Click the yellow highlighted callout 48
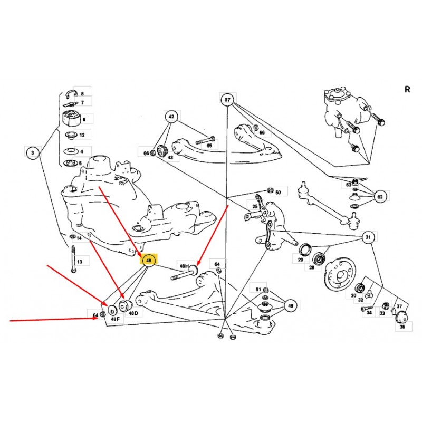coord(149,260)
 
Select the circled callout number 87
coord(227,100)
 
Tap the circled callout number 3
coord(33,154)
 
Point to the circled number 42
coord(171,116)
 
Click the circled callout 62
coord(380,197)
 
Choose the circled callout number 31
coord(369,237)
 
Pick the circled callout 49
coord(290,305)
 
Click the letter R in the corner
coord(407,89)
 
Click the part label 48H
coord(184,267)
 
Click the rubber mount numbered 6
coord(70,118)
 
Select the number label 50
coord(278,192)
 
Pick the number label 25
coord(255,207)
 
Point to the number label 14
coord(79,238)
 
